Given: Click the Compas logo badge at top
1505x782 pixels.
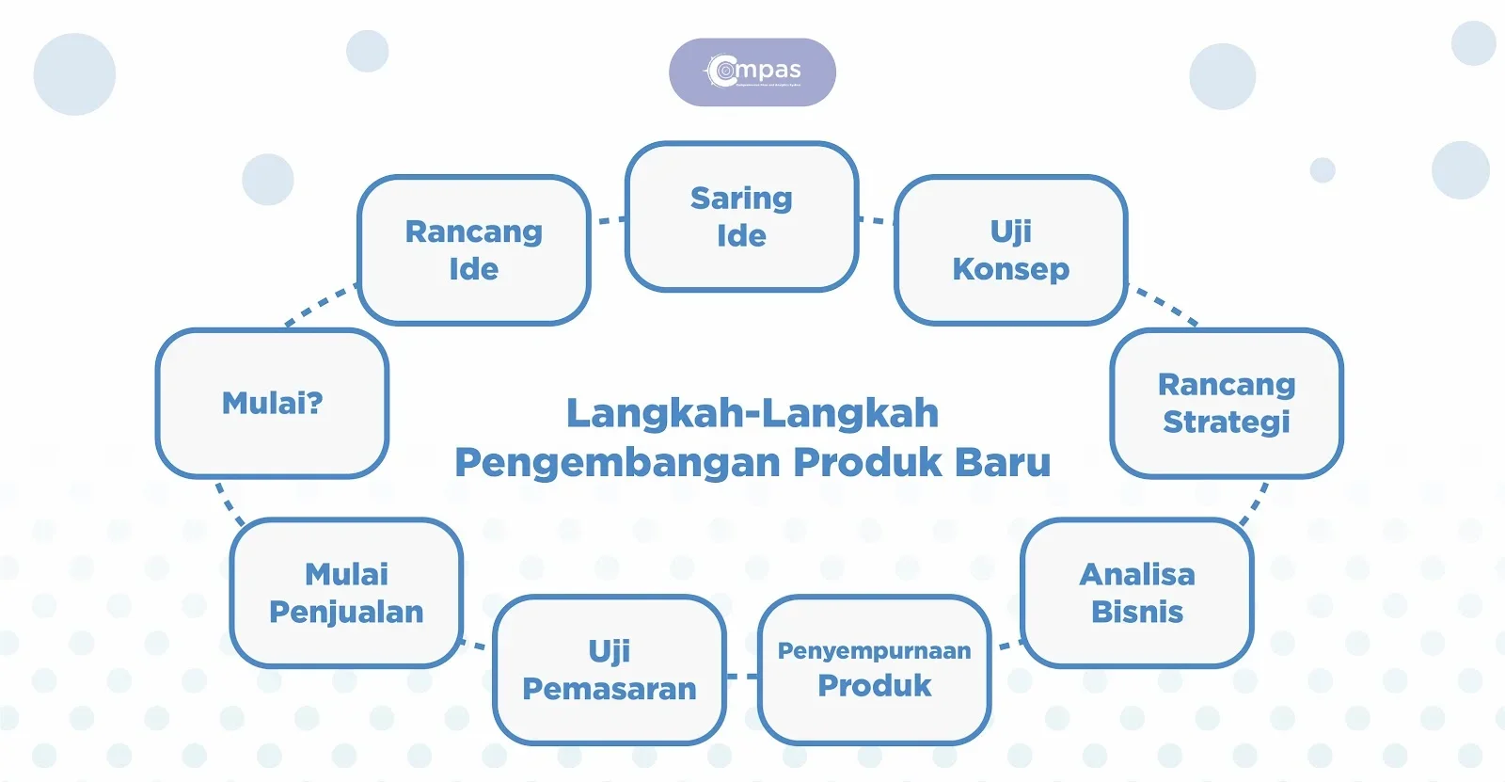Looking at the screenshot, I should click(x=752, y=72).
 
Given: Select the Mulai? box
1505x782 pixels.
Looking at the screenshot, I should click(x=272, y=404).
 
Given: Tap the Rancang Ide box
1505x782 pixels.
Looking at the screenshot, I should click(x=473, y=250).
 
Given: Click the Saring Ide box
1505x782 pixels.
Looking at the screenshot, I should click(x=741, y=217).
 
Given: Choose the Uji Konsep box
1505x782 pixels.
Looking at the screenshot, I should click(x=1010, y=250).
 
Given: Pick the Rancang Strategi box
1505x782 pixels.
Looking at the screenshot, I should click(x=1226, y=404).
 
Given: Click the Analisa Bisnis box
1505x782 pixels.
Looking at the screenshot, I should click(x=1136, y=594).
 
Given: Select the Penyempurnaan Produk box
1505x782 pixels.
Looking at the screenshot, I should click(x=874, y=669).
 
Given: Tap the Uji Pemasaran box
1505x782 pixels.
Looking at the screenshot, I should click(x=609, y=670).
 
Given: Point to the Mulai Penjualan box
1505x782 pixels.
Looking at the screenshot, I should click(x=346, y=594).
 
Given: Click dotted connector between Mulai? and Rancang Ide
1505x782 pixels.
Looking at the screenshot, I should click(x=320, y=306).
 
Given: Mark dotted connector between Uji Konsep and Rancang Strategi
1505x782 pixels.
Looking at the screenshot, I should click(x=1166, y=306).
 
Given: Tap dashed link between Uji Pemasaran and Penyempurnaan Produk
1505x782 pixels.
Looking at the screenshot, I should click(x=742, y=676).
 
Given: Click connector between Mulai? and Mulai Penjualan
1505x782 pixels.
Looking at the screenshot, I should click(x=229, y=502).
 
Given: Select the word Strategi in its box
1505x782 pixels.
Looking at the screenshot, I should click(x=1226, y=423).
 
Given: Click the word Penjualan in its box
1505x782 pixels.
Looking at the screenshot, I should click(x=346, y=613).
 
